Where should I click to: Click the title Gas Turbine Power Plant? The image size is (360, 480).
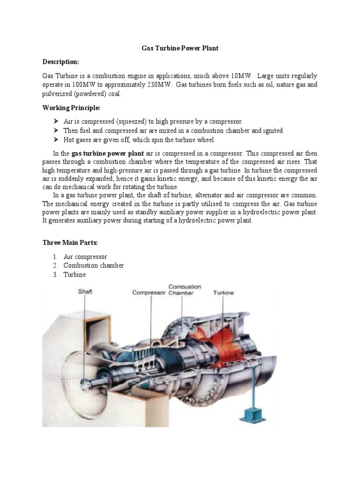(x=180, y=48)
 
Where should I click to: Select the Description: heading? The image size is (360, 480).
(x=61, y=62)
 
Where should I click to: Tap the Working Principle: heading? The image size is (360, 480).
(x=71, y=108)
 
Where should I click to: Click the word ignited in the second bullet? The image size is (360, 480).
(x=273, y=131)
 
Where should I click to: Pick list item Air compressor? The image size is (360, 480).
(x=85, y=256)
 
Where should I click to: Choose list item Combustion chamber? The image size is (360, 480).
(x=94, y=266)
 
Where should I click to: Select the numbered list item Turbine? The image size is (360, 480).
(x=75, y=275)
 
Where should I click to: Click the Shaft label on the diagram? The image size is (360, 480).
(x=85, y=292)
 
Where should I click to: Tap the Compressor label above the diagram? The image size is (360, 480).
(x=149, y=293)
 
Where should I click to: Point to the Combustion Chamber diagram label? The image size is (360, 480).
(x=184, y=290)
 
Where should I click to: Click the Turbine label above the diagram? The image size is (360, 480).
(x=224, y=293)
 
